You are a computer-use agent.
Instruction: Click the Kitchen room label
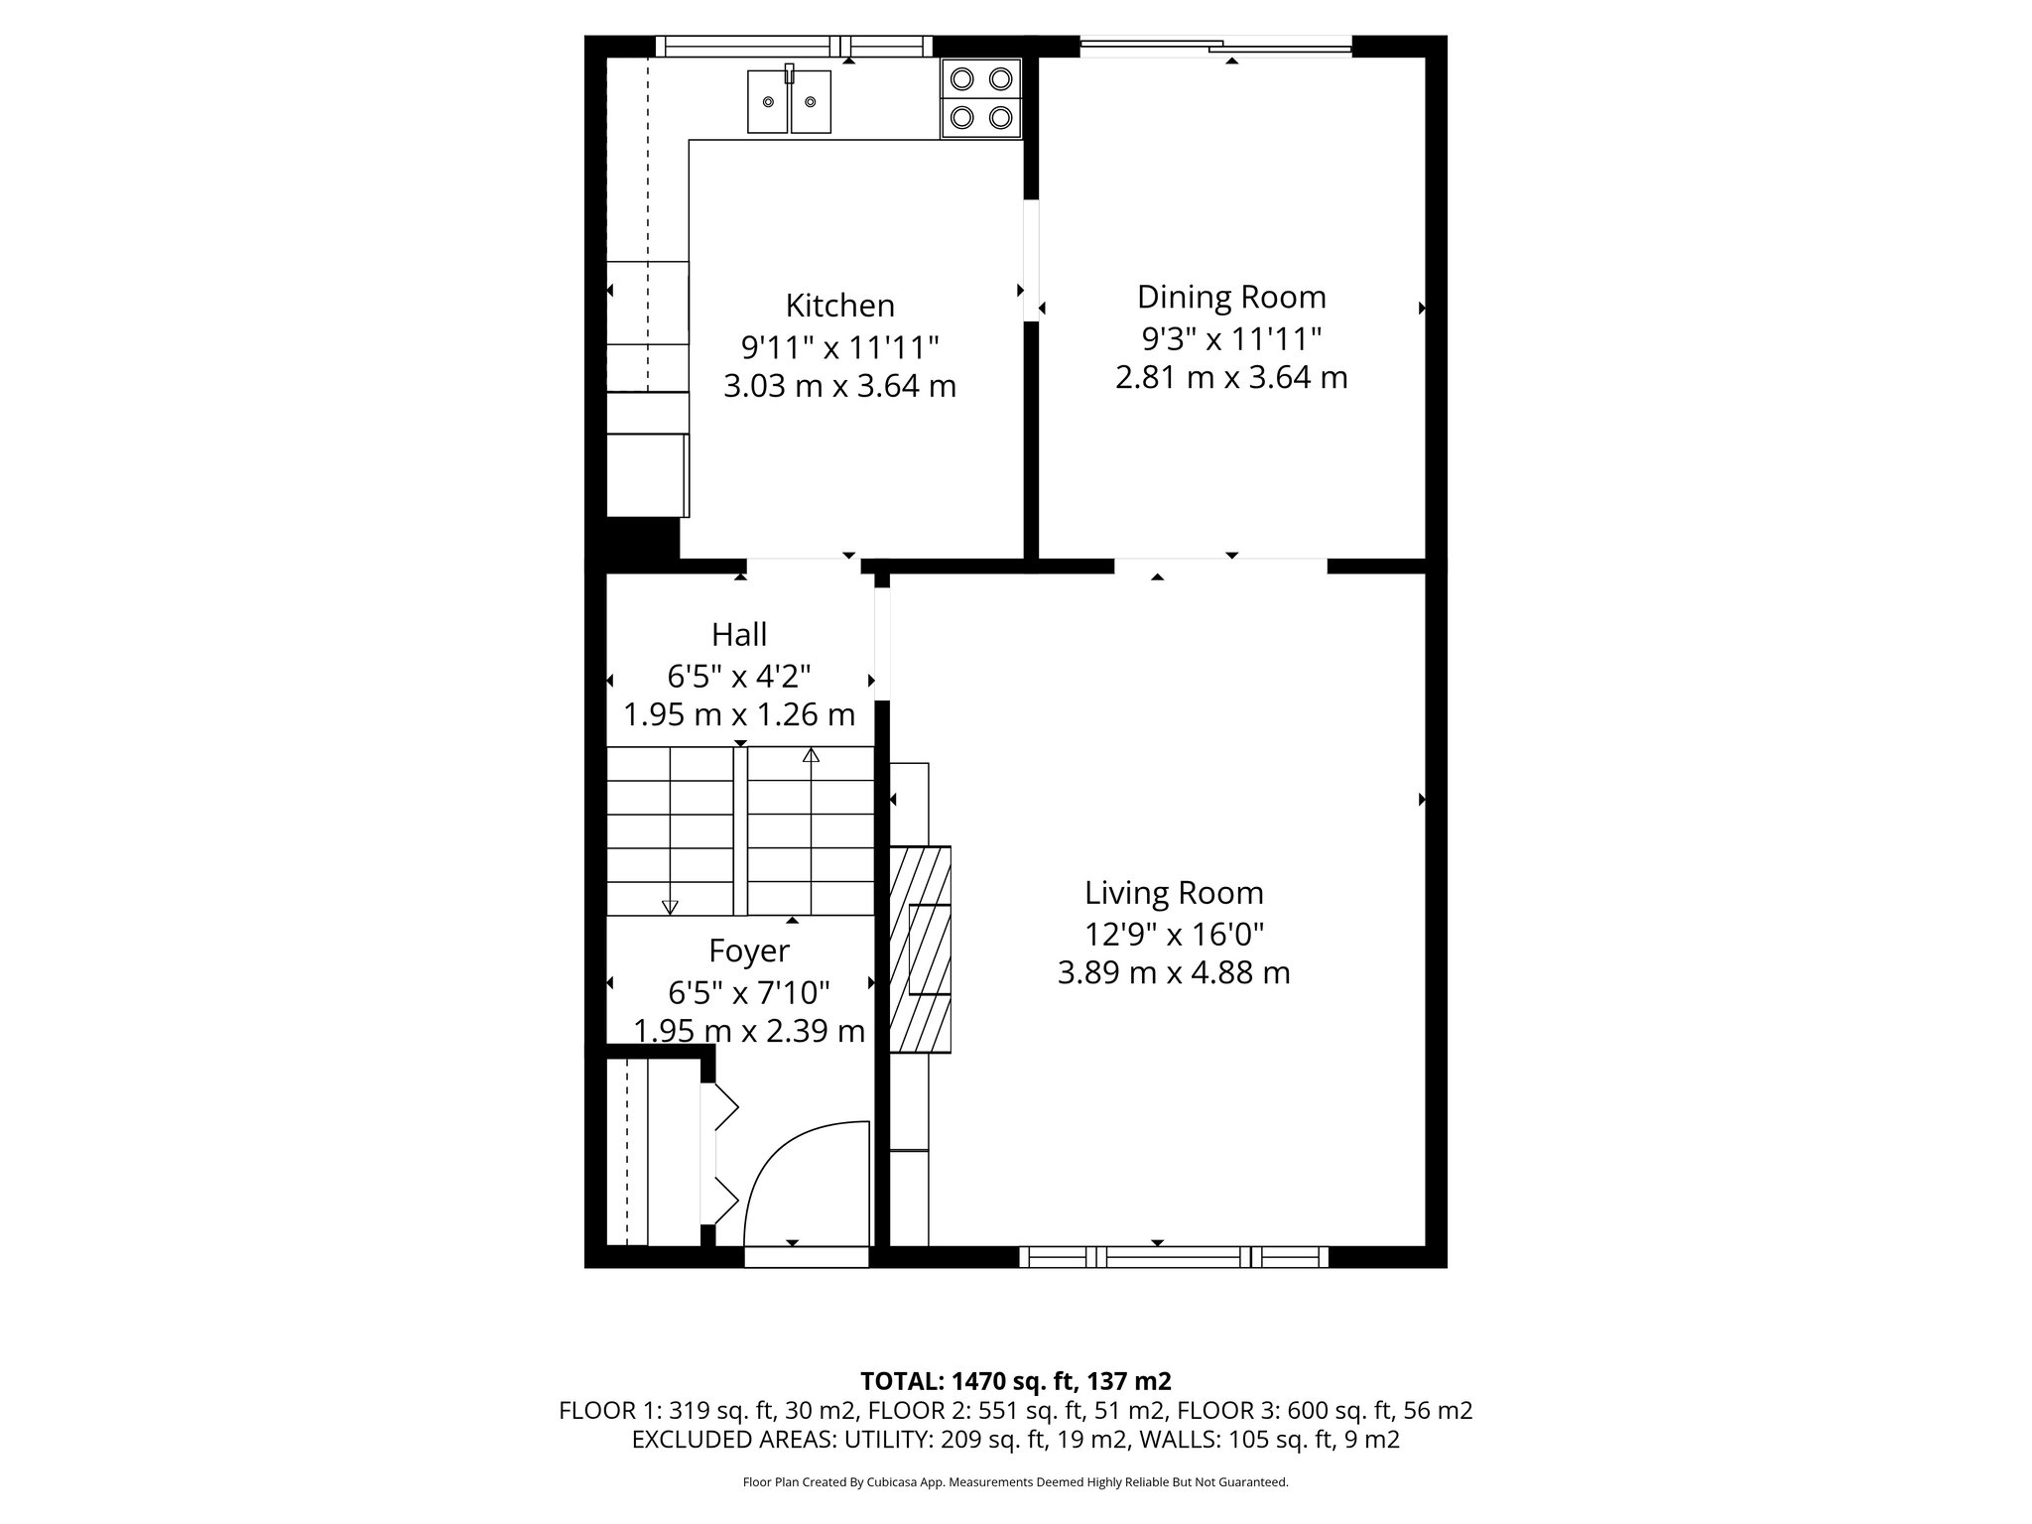tap(839, 305)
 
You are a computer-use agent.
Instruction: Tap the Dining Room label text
tap(1231, 297)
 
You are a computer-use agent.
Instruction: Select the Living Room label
tap(1174, 893)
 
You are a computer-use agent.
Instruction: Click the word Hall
tap(739, 634)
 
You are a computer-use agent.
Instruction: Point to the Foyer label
tap(749, 951)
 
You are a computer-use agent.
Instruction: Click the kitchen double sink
tap(789, 101)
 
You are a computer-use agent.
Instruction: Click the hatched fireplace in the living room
tap(920, 949)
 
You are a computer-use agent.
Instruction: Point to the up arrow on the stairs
tap(811, 756)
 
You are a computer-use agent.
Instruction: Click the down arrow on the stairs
tap(670, 906)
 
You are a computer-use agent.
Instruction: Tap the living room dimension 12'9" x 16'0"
tap(1174, 934)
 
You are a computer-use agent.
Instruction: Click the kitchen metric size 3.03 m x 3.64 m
tap(839, 386)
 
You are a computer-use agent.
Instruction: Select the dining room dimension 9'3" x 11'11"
tap(1231, 339)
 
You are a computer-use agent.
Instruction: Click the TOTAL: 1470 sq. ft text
tap(1015, 1381)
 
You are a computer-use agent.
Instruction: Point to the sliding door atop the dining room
tap(1215, 45)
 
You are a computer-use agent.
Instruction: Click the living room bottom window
tap(1174, 1257)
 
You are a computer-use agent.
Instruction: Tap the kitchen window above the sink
tap(794, 46)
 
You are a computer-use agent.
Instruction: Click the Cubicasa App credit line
tap(1015, 1482)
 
